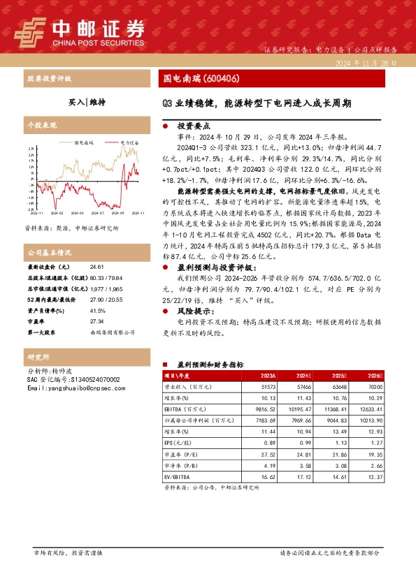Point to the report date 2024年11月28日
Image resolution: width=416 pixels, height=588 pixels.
click(x=366, y=63)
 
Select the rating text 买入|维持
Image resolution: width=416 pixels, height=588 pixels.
click(x=87, y=102)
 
